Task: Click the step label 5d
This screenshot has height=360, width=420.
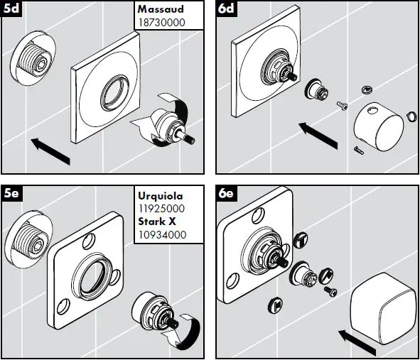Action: pos(11,9)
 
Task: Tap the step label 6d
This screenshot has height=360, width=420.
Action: pos(226,9)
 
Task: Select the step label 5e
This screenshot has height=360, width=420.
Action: pos(11,193)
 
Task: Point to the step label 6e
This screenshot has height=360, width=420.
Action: pos(225,193)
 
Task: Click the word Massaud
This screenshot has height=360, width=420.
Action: pos(161,9)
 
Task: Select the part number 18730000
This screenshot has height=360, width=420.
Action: pos(161,23)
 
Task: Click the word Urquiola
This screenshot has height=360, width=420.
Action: pos(161,196)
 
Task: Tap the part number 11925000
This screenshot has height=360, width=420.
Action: pos(161,209)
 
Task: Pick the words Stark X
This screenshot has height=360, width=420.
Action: pos(157,222)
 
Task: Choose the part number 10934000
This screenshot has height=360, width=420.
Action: pos(162,235)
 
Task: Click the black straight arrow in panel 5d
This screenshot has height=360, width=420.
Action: pos(50,151)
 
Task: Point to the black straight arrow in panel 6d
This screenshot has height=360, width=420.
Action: pos(318,136)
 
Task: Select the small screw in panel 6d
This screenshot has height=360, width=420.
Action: pos(342,106)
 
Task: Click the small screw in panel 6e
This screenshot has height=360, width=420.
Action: pos(330,291)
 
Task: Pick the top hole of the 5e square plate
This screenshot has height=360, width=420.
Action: pos(87,241)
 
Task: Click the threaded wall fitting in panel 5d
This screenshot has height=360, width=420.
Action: pos(33,59)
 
